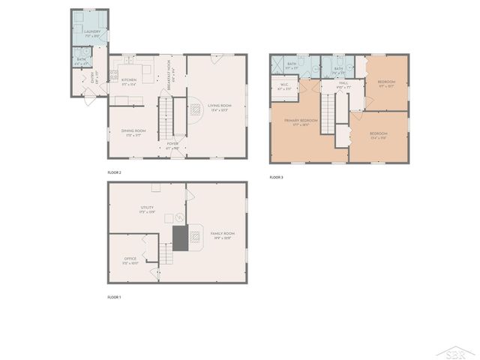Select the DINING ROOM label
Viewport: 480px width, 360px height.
(133, 131)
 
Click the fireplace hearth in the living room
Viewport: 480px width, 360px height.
(193, 110)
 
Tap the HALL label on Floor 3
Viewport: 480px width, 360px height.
(343, 83)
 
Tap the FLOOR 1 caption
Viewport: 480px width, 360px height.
(115, 297)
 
